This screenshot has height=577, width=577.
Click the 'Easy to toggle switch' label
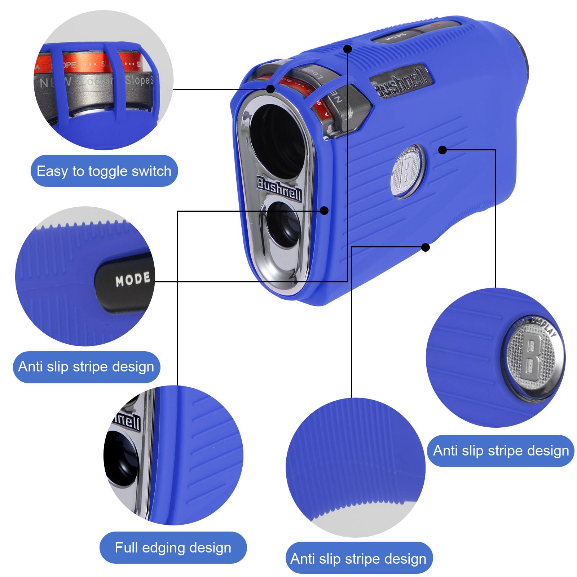tap(104, 171)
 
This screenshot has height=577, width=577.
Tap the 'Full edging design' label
tap(173, 547)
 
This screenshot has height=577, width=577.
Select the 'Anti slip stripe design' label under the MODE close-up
tap(86, 367)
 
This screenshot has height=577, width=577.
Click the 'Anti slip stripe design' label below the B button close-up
tap(501, 451)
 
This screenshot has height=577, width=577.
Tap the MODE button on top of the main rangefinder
tap(396, 36)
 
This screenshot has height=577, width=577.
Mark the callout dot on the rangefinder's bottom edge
tap(426, 247)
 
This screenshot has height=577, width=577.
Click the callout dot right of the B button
tap(443, 150)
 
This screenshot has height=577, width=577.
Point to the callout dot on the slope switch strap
tap(270, 89)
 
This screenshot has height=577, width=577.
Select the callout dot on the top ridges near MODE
tap(347, 49)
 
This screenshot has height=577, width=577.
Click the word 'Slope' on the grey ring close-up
tap(137, 80)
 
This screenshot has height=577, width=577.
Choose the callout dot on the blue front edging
tap(324, 211)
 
